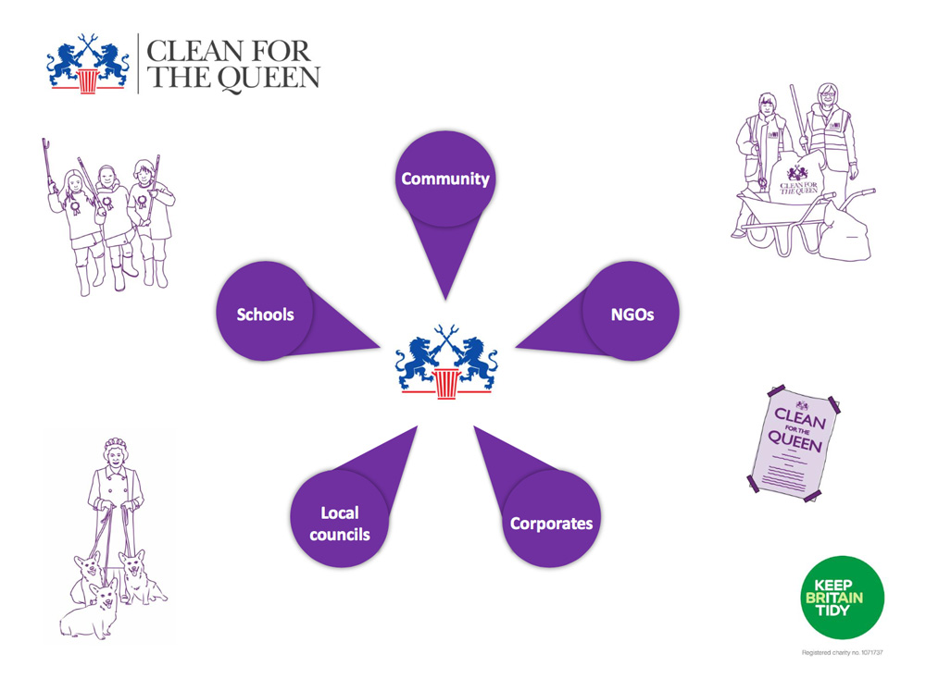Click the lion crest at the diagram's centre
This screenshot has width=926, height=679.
pos(446,362)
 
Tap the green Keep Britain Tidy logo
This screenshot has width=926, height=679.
pos(842,597)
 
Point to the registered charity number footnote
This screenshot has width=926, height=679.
pos(842,652)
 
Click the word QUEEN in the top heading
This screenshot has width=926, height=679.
pos(269,79)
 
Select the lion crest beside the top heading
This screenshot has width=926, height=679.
pos(88,64)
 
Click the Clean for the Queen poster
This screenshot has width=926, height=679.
pos(795,443)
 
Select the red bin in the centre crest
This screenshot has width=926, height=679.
pos(446,384)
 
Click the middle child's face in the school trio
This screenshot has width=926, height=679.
pos(106,178)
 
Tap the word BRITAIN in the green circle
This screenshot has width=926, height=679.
pos(834,598)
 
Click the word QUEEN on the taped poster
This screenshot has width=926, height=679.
pos(795,440)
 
